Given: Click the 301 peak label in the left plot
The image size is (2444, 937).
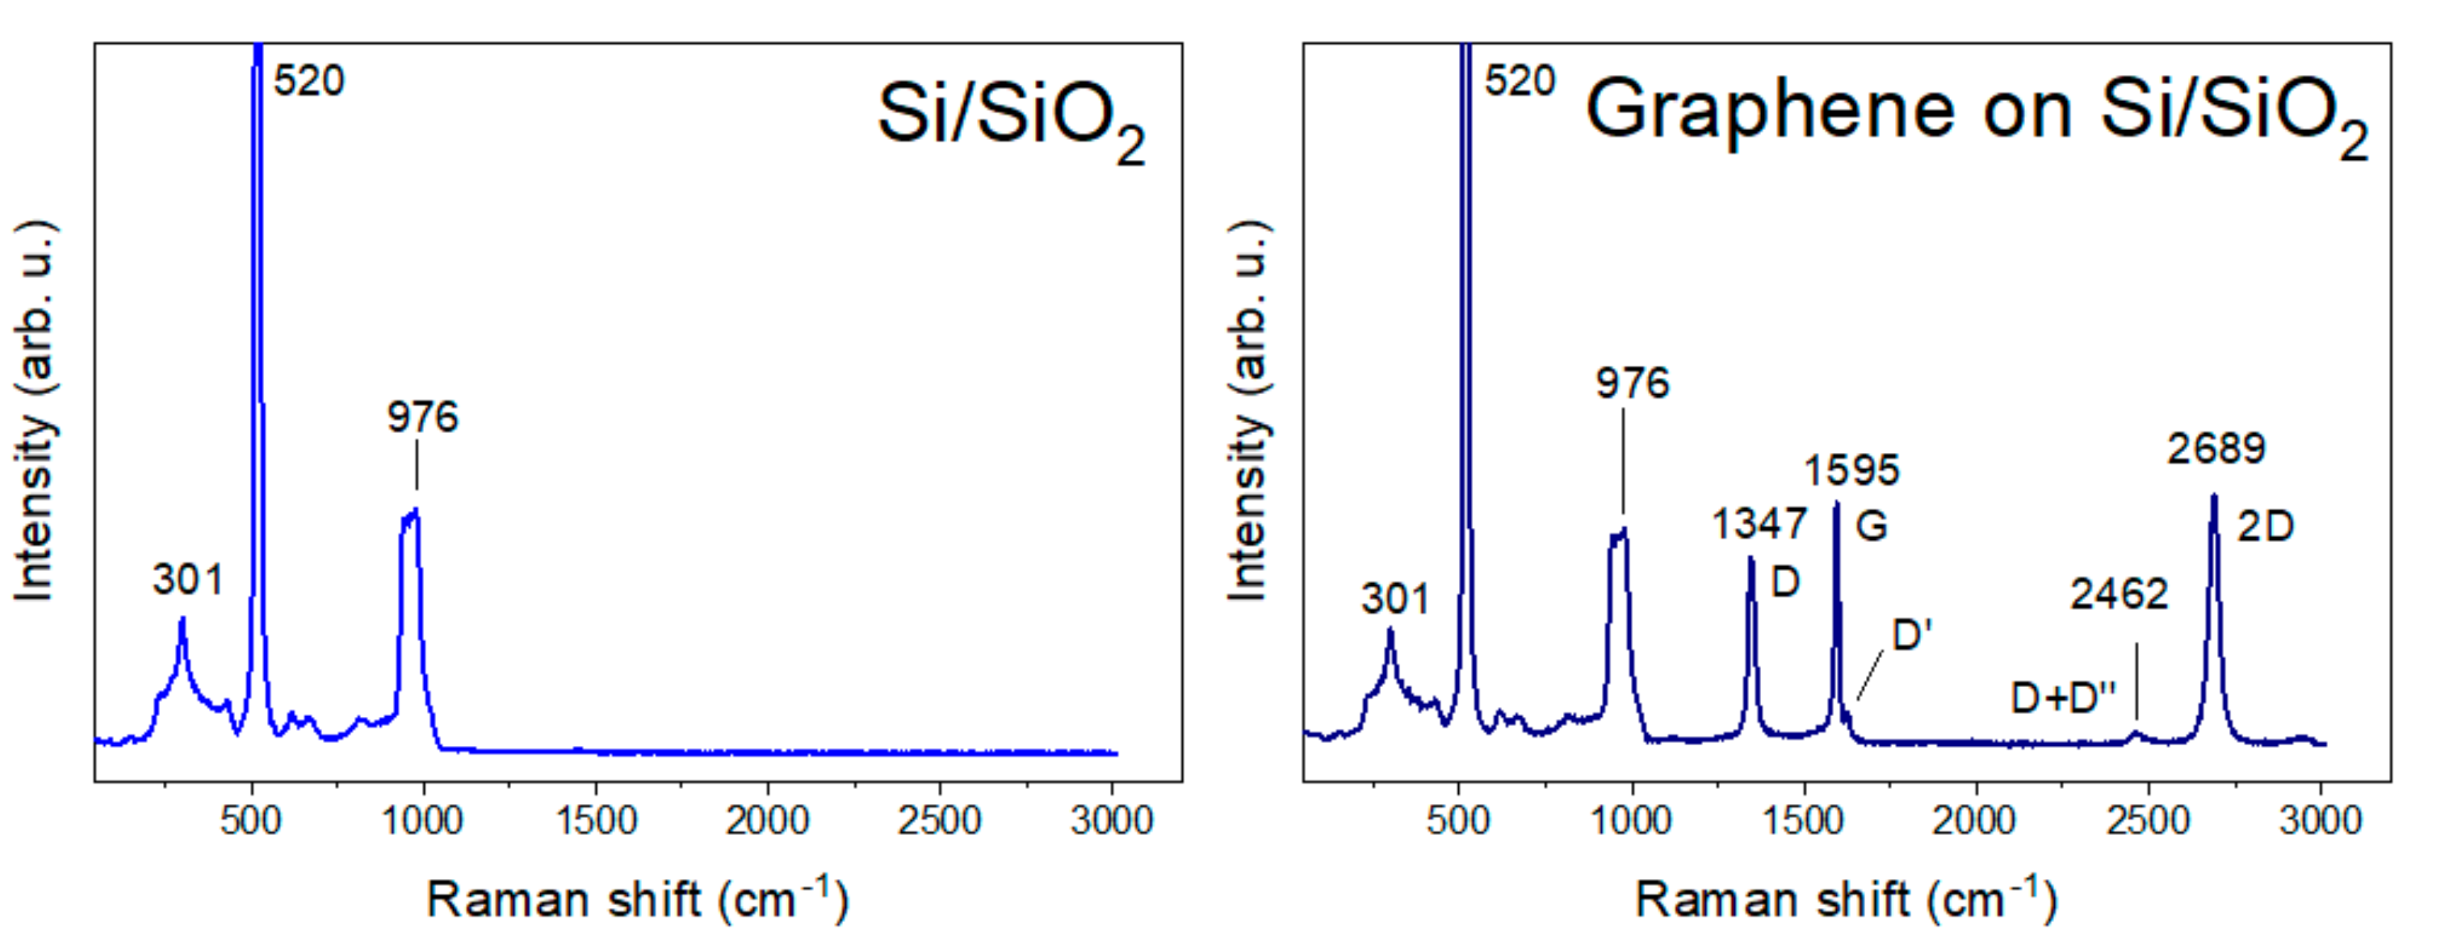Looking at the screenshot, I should (x=187, y=579).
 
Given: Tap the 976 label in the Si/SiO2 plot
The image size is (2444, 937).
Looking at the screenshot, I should (x=422, y=417).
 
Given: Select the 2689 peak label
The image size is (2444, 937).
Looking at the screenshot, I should (x=2216, y=448).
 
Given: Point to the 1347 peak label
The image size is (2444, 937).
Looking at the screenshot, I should (x=1759, y=524).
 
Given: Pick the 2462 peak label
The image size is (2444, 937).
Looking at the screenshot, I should (x=2119, y=595).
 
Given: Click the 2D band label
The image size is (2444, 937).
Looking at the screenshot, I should (x=2265, y=527).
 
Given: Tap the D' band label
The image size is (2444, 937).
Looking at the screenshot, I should (x=1912, y=635).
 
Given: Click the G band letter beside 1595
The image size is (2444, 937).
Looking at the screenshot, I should (x=1871, y=526).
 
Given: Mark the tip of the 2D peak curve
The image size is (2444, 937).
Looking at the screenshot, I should (x=2213, y=495).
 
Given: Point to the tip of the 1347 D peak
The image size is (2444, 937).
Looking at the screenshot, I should (x=1751, y=558).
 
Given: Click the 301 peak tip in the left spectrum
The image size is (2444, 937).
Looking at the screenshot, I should (x=182, y=618).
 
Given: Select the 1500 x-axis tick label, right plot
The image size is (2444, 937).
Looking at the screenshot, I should (x=1803, y=820).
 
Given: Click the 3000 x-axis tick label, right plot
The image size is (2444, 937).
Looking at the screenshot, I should (x=2320, y=820).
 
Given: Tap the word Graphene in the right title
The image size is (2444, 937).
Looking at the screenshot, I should (x=1769, y=111).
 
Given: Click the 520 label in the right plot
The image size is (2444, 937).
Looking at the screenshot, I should (x=1520, y=82).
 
